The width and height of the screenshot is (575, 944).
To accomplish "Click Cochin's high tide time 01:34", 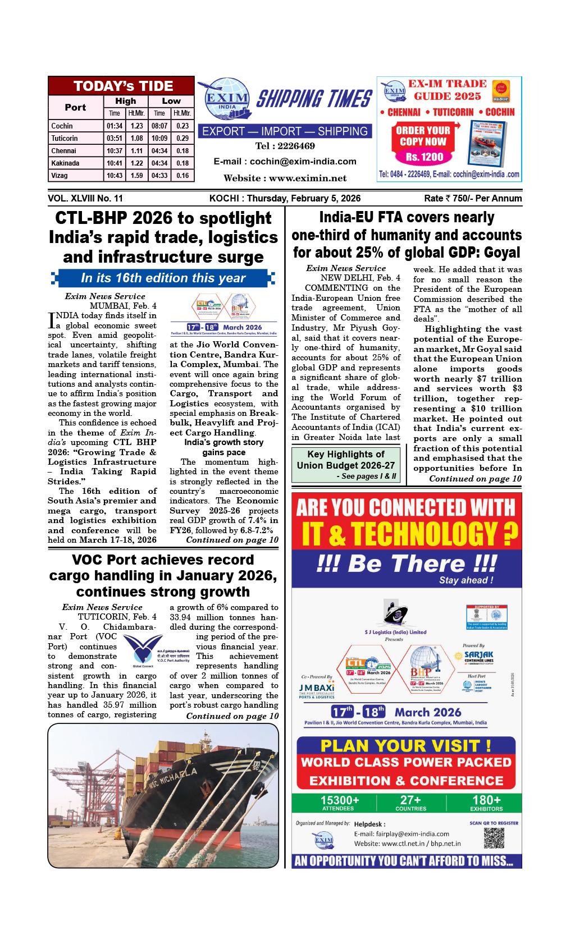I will click(115, 126).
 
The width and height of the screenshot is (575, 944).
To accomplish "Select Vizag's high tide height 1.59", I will click(136, 176).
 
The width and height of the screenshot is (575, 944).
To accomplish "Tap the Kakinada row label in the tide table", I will click(65, 163).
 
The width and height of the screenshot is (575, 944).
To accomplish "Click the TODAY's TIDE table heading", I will click(124, 86).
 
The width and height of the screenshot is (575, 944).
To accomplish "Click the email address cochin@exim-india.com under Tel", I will click(285, 162).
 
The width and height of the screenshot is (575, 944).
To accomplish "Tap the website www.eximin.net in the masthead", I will click(285, 178).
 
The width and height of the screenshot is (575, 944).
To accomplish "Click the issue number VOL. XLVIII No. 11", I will click(85, 199).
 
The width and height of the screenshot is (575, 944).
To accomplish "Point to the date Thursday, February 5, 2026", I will click(304, 199).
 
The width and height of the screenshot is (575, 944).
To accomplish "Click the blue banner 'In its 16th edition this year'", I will click(163, 278).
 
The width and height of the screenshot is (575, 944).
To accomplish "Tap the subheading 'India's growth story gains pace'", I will click(223, 447).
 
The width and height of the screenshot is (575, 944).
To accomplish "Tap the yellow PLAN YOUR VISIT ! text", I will click(405, 746).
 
